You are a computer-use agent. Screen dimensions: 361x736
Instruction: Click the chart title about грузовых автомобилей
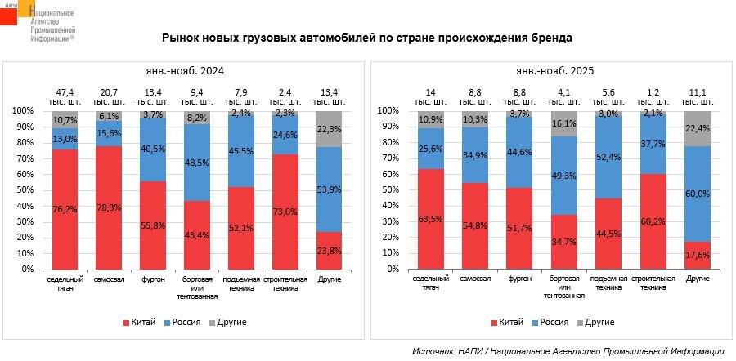pyautogui.click(x=366, y=38)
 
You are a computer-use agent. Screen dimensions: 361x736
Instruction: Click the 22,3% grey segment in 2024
pyautogui.click(x=330, y=129)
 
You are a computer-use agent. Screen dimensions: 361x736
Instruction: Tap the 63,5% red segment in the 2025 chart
pyautogui.click(x=430, y=218)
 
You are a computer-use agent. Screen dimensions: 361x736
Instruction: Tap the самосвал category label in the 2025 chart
pyautogui.click(x=474, y=279)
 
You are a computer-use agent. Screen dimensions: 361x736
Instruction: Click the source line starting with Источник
pyautogui.click(x=568, y=350)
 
